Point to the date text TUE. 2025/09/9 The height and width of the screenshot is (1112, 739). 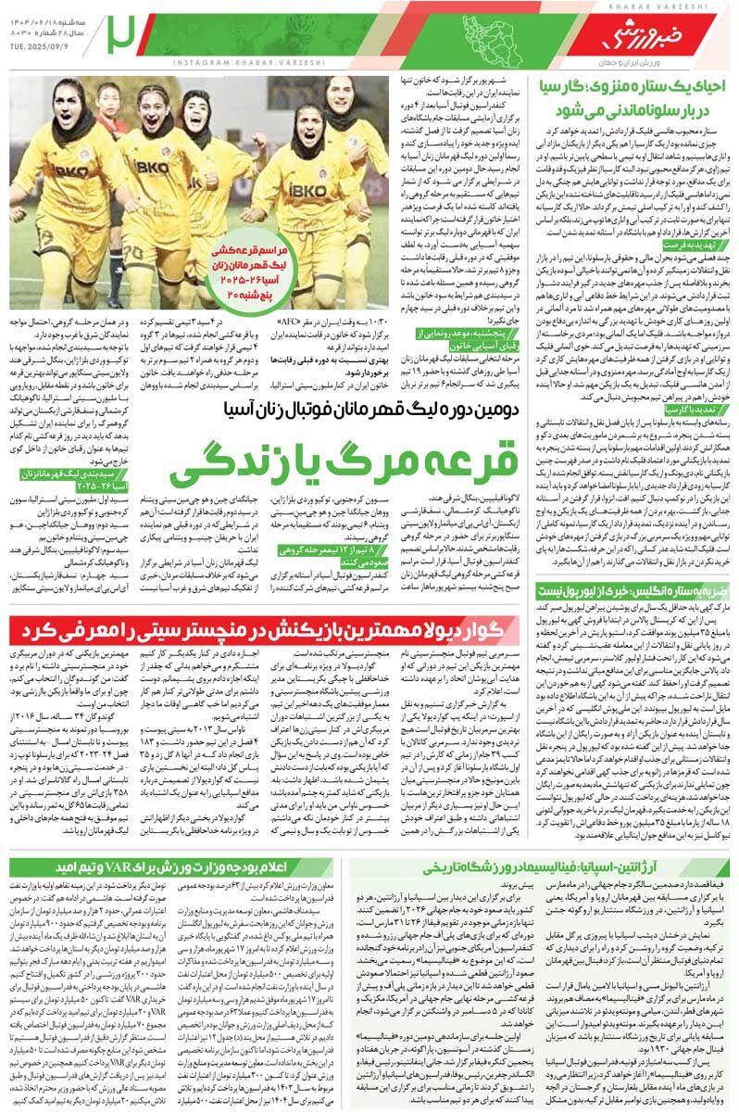point(42,50)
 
